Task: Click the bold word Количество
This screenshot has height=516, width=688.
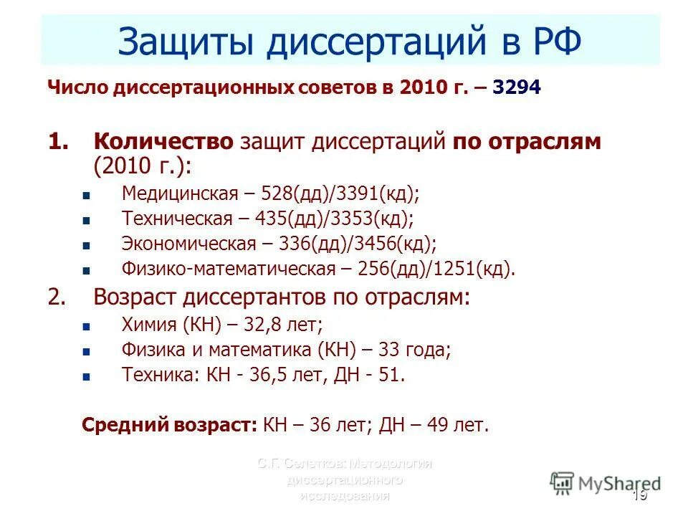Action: click(163, 141)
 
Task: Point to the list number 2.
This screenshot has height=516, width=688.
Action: click(57, 297)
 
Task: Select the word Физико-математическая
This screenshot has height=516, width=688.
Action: click(229, 269)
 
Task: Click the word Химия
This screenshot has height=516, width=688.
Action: click(149, 325)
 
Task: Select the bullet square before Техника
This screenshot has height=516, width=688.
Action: click(86, 376)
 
